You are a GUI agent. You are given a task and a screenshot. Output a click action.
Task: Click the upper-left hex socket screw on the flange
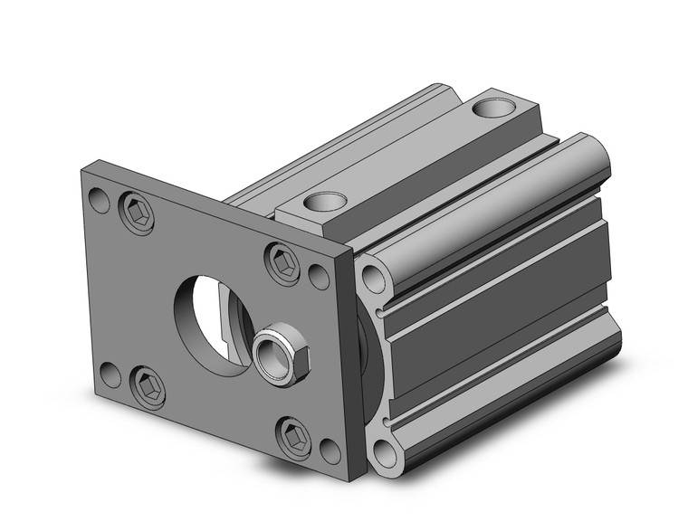[x=137, y=213]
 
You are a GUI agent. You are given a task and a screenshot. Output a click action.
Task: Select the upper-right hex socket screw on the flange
[x=282, y=263]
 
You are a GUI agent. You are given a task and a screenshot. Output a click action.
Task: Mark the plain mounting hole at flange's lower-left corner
[x=110, y=373]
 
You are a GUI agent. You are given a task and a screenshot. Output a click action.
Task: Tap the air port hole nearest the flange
[x=325, y=202]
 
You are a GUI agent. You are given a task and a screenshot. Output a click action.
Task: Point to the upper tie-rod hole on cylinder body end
[x=373, y=280]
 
